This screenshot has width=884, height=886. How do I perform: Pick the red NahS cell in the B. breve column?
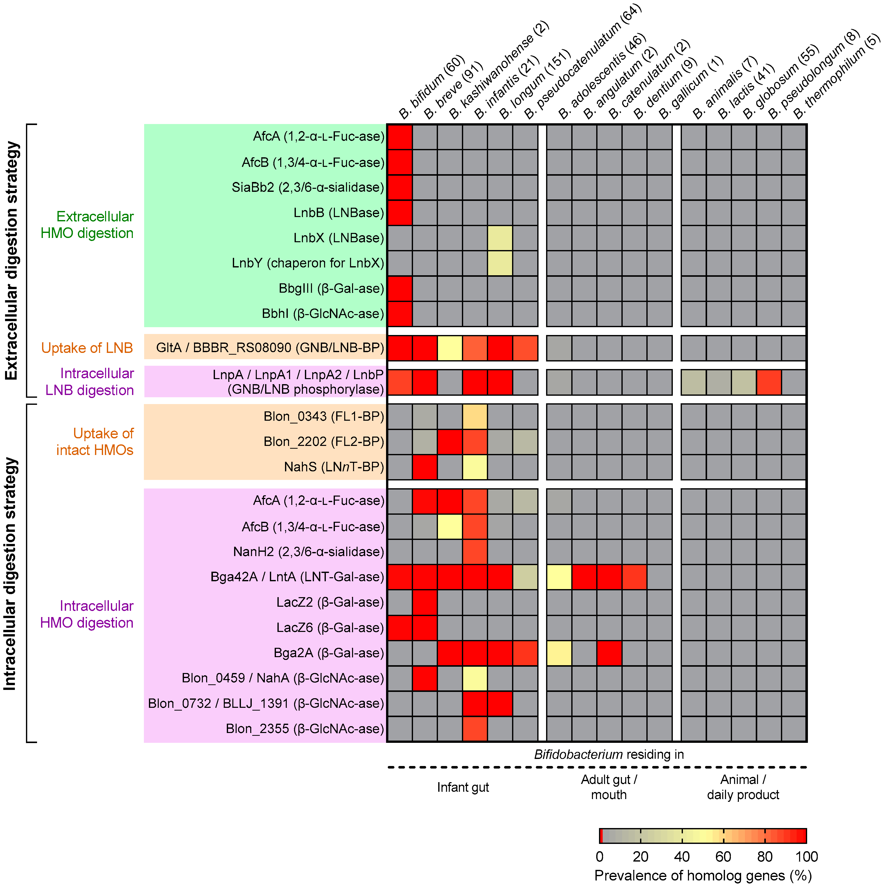pos(425,467)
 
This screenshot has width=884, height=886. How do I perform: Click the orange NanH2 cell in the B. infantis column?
pos(475,552)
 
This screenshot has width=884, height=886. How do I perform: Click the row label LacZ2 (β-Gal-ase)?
pos(330,602)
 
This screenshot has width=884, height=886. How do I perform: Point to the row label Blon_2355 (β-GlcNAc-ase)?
pos(305,729)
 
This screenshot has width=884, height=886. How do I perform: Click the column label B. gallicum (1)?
pos(690,87)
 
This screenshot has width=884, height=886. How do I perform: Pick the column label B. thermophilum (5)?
pos(835,76)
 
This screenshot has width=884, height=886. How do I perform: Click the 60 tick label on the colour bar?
pos(723,857)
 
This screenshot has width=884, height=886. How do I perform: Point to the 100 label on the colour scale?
pos(806,857)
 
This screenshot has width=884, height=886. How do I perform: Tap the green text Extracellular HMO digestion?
pos(87,225)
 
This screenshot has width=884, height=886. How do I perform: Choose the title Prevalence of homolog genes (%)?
pos(703,875)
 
